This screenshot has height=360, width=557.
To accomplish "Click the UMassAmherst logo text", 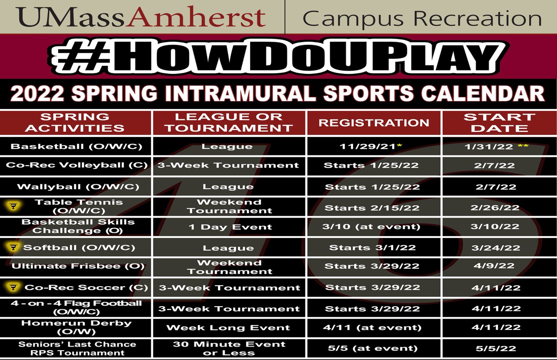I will coord(142,17).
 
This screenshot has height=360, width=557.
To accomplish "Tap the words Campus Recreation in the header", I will coord(421,18).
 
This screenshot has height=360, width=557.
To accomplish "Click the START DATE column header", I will coord(499,122).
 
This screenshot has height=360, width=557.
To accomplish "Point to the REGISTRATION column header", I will coord(374,122).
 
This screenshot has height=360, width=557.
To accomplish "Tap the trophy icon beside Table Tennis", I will coord(13,206).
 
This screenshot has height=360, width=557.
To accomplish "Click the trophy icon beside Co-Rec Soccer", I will coord(13,287).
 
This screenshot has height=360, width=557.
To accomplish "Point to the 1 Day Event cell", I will coord(230,227).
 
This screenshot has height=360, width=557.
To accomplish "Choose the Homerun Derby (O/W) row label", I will coord(77,327).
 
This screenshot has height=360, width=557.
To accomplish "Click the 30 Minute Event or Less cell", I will coord(229,348).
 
